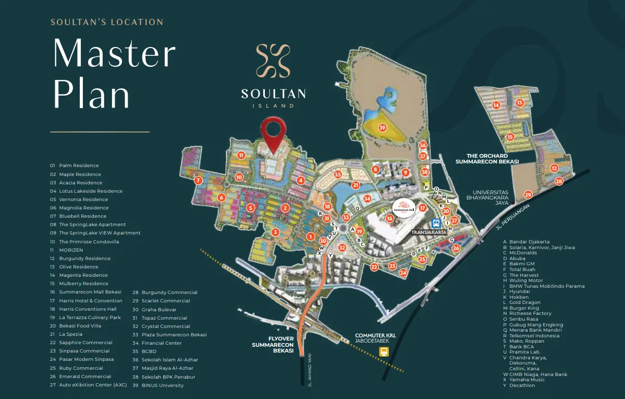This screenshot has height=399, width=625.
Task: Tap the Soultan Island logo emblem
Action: [273, 60]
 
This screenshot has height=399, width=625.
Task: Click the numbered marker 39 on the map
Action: [382, 127]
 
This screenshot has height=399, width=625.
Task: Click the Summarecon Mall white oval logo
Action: [403, 205]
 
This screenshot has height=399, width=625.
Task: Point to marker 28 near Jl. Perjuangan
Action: [559, 181]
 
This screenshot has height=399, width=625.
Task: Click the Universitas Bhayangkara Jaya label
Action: [491, 197]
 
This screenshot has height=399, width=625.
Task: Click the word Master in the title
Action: [114, 53]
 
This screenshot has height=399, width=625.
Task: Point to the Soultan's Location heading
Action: [107, 22]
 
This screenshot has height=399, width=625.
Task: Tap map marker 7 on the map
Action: [198, 181]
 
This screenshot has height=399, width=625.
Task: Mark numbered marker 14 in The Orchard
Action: [496, 105]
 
